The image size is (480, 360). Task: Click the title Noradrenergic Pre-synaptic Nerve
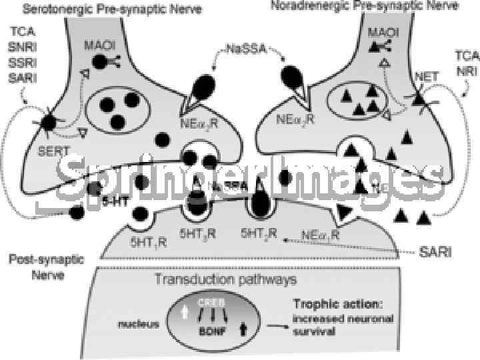(x=365, y=6)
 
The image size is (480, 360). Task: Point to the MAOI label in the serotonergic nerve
(x=101, y=45)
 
